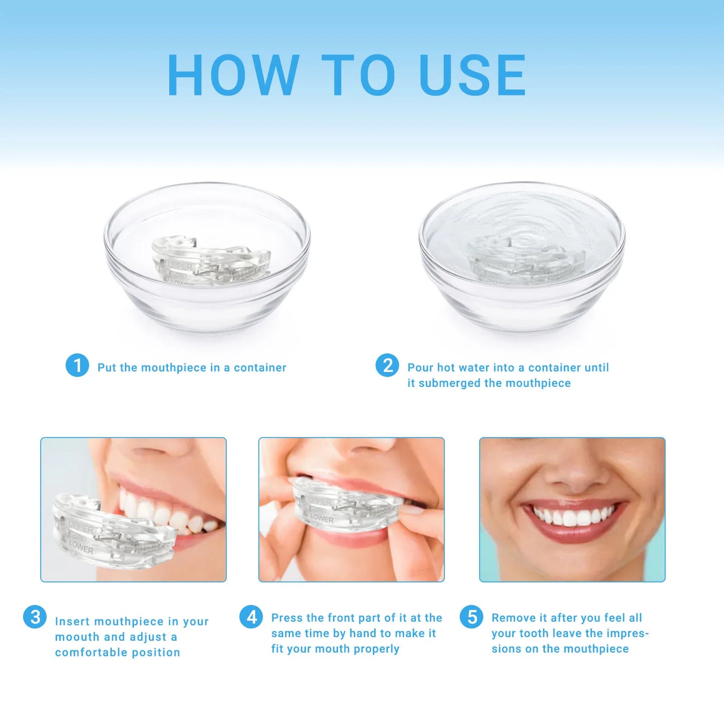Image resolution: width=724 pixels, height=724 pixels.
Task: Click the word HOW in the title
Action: coord(233,75)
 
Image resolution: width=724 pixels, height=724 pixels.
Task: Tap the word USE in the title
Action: coord(472,75)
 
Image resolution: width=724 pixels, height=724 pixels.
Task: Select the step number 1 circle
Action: coord(77,365)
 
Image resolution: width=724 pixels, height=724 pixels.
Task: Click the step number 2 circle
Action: coord(387,365)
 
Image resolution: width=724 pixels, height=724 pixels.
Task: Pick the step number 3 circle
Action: coord(35,617)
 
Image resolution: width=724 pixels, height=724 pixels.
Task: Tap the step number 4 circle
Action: coord(251,617)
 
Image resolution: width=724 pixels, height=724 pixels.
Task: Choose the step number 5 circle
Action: coord(471,617)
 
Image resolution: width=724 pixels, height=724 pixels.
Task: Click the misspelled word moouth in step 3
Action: coord(77,637)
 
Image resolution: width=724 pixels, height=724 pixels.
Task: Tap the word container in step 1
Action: coord(260,368)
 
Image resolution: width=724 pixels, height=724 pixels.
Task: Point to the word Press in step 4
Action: coord(287,618)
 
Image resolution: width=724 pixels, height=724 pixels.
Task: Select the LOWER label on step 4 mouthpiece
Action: coord(322,519)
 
